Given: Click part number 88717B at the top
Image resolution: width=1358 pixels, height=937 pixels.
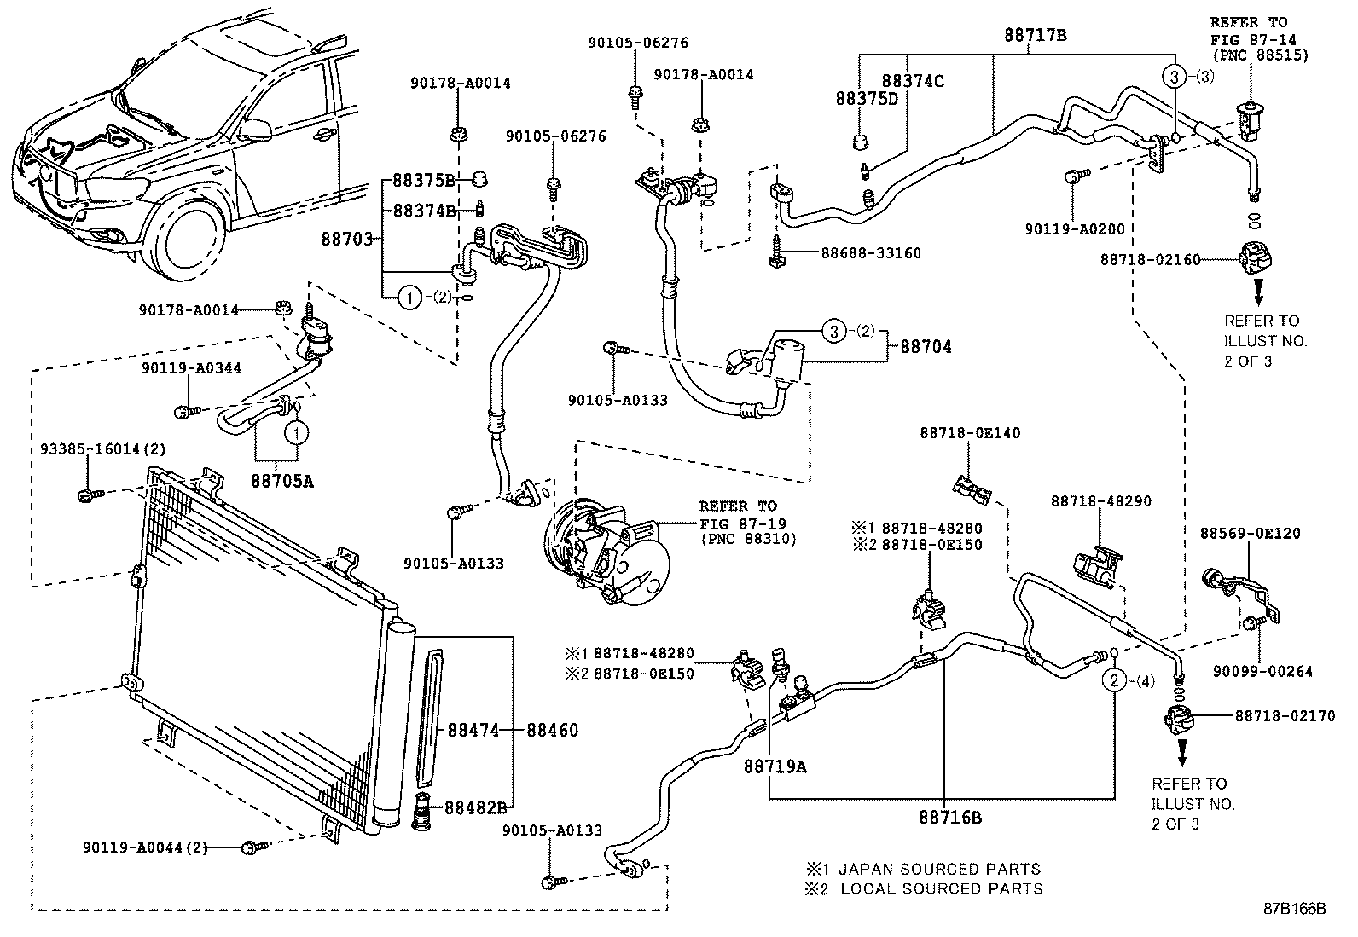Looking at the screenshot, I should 1035,35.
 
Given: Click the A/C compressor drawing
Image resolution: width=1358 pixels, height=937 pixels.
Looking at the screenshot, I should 607,555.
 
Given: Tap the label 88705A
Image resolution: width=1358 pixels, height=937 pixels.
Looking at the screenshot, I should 282,481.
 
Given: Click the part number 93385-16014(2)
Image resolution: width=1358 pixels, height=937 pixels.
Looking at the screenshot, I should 103,448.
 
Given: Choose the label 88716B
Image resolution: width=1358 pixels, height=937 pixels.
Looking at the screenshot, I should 949,818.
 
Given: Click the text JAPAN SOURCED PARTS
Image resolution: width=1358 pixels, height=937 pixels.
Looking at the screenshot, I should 939,870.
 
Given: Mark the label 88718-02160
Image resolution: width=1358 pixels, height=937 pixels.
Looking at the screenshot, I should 1149,259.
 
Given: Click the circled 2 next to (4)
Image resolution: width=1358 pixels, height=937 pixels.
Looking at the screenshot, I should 1114,680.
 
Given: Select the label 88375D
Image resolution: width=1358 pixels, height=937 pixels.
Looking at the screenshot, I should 866,99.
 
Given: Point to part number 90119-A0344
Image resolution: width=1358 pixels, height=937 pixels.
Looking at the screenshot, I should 191,368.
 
